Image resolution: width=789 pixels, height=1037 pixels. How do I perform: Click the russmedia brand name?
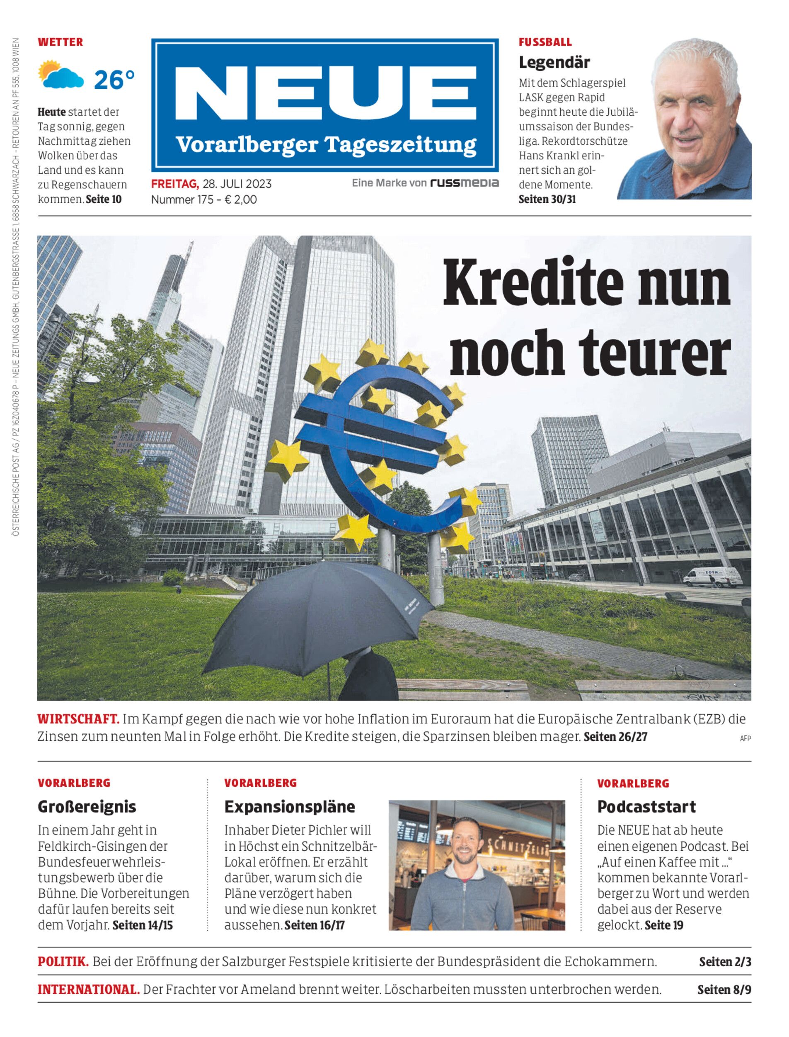point(464,183)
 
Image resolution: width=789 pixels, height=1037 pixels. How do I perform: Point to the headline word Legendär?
point(554,62)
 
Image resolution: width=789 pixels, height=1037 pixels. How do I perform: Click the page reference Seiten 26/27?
point(615,737)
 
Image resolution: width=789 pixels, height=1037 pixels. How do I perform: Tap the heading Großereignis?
point(87,807)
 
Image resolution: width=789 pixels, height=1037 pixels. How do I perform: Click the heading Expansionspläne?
point(290,807)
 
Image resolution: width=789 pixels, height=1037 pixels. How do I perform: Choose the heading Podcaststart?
point(646,807)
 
